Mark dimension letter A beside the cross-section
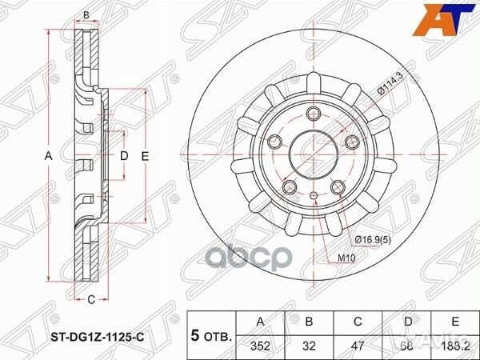click(x=48, y=157)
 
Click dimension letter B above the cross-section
click(x=86, y=14)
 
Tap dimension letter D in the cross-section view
click(x=124, y=157)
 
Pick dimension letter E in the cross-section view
click(x=145, y=157)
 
